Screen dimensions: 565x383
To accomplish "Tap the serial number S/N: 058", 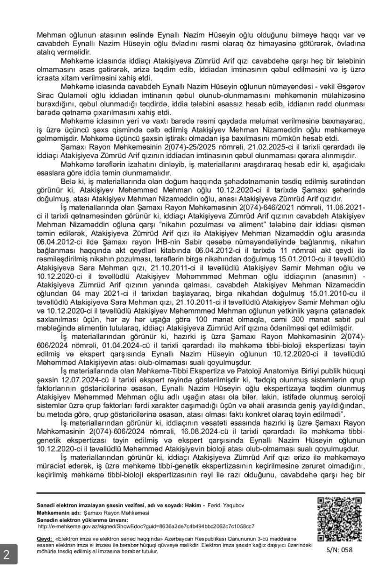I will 338,549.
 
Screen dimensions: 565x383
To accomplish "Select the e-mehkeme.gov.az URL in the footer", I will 146,526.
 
